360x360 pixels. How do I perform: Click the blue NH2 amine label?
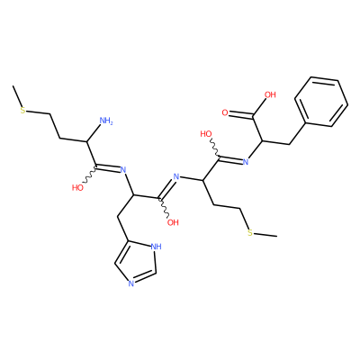pos(106,121)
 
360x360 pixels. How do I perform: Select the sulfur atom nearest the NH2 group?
pos(22,110)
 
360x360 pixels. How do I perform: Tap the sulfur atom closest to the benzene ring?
pos(250,233)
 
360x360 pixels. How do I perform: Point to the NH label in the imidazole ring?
pos(156,247)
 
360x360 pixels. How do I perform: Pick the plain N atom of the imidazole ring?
pos(130,283)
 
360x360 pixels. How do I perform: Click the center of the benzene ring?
pos(321,103)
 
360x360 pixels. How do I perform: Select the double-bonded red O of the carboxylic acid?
pos(225,112)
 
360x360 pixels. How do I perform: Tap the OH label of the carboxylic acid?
pos(270,94)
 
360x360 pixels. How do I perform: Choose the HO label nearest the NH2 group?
pos(77,188)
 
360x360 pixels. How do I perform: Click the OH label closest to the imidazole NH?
pos(173,222)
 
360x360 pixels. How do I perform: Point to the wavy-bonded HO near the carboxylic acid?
pos(206,134)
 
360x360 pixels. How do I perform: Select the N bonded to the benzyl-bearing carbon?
pos(246,162)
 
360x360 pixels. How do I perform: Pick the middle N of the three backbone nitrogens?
pos(176,176)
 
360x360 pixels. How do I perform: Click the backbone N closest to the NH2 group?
pos(122,170)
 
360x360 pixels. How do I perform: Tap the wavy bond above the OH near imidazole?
pos(165,206)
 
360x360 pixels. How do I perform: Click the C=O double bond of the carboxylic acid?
pos(241,114)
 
